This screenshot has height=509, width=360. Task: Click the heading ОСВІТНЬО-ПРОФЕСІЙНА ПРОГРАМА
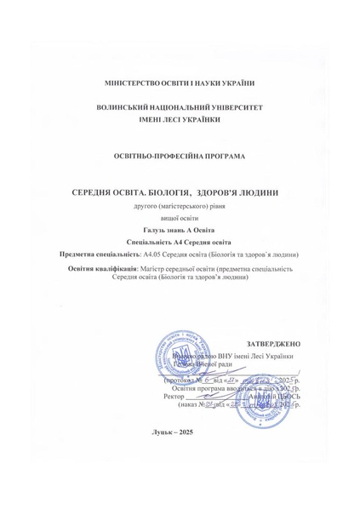tap(179, 157)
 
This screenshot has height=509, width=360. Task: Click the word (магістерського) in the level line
tap(175, 207)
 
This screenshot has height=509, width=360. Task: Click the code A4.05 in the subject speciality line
tap(155, 254)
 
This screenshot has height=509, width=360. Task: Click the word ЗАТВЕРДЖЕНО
tap(273, 343)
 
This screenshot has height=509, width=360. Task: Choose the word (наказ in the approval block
tap(189, 405)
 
